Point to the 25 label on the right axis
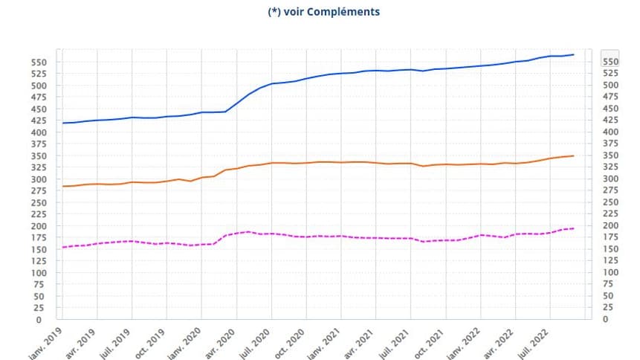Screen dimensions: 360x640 (x=609, y=307)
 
